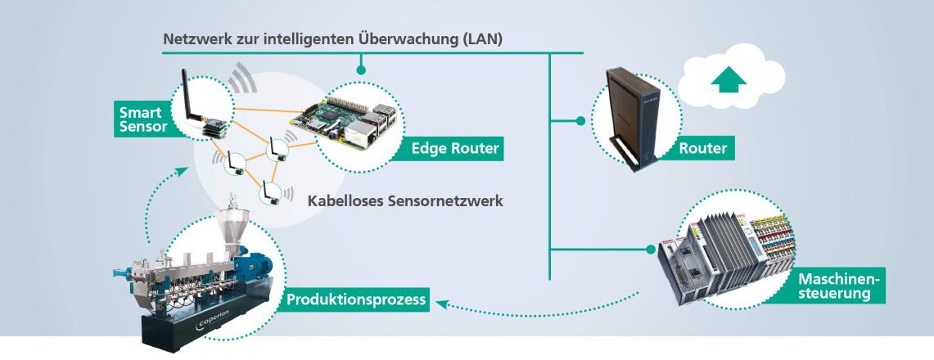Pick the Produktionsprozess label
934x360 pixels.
(x=356, y=300)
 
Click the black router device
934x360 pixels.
(x=631, y=115)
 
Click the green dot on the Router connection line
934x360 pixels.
(x=580, y=121)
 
